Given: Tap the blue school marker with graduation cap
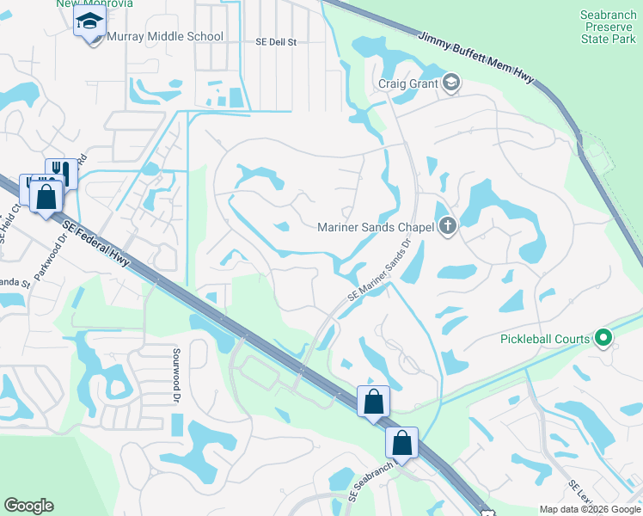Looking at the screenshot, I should tap(89, 23).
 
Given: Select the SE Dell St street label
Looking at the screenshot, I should tap(275, 41).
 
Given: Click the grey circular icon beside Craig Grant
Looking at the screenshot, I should tap(452, 83).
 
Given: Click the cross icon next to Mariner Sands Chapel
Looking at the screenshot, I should tap(446, 227).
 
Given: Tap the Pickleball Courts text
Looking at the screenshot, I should tap(545, 338).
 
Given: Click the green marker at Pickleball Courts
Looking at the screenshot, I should tap(603, 338).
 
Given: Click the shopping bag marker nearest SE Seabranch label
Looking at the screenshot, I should tap(401, 443).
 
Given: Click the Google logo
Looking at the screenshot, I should tap(28, 506).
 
